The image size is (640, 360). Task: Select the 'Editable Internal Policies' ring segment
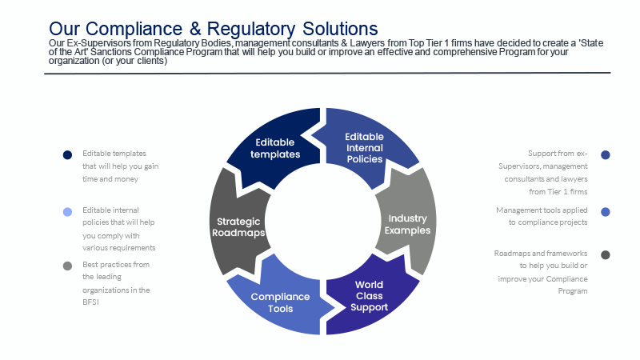[x=365, y=147]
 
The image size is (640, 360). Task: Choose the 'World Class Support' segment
[x=369, y=296]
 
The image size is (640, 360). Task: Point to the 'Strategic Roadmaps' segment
[x=238, y=227]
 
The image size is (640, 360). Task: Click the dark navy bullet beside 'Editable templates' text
[x=67, y=154]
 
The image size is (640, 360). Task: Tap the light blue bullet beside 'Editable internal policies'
[x=67, y=212]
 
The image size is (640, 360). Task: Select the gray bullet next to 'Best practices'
[x=67, y=266]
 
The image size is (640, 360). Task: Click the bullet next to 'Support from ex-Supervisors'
[x=606, y=154]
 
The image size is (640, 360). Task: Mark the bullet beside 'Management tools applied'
[x=606, y=212]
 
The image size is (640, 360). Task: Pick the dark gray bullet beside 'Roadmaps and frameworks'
[x=606, y=255]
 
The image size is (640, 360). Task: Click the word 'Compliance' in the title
[x=134, y=29]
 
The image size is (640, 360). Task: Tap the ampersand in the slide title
[x=195, y=29]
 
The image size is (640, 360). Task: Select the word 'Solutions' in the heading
[x=340, y=29]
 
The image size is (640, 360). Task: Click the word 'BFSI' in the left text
[x=90, y=302]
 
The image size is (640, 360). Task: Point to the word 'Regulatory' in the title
[x=251, y=29]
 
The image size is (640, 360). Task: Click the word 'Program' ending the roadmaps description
[x=573, y=291]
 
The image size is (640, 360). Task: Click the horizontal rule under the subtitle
[x=327, y=74]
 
